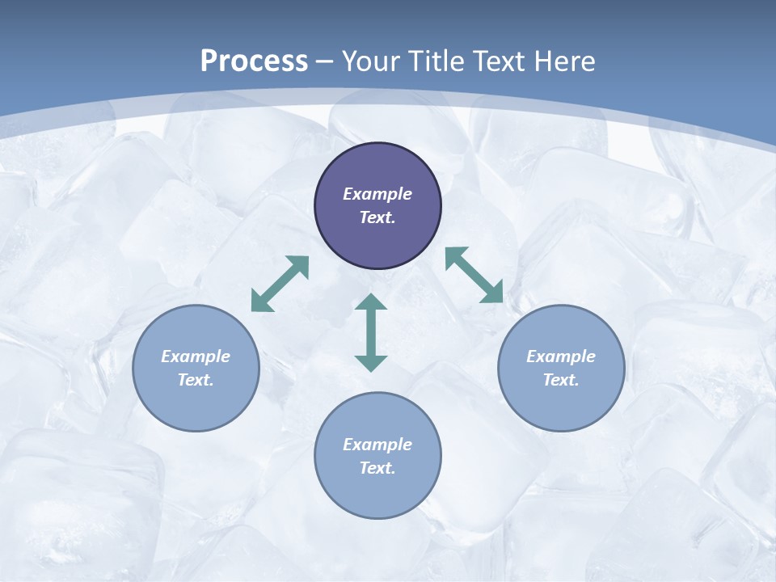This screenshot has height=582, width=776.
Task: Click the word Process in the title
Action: (254, 61)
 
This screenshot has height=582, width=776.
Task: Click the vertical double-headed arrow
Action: (371, 332)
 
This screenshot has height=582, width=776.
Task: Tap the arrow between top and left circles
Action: (280, 284)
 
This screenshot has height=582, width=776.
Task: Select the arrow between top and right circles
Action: (474, 275)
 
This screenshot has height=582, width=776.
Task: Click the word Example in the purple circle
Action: (377, 194)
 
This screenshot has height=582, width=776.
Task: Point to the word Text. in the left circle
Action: (196, 380)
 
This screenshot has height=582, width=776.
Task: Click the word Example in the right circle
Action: (561, 356)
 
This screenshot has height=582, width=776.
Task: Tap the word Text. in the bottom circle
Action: (377, 468)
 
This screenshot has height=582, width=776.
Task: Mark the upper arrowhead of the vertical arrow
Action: (371, 302)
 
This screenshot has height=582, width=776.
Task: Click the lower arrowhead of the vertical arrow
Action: (371, 362)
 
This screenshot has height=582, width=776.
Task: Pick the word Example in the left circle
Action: (196, 356)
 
